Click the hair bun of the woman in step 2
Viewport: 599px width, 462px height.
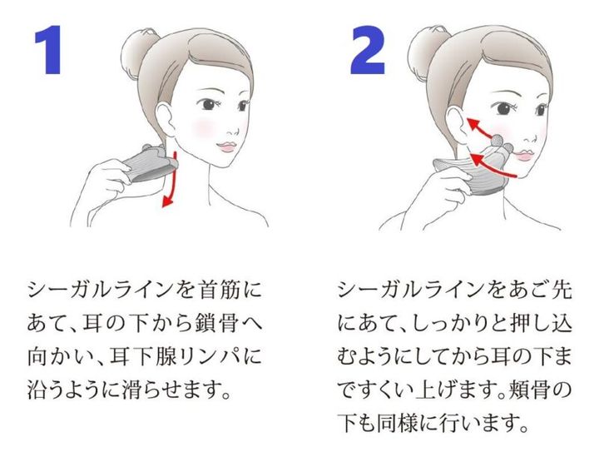[432, 46]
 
